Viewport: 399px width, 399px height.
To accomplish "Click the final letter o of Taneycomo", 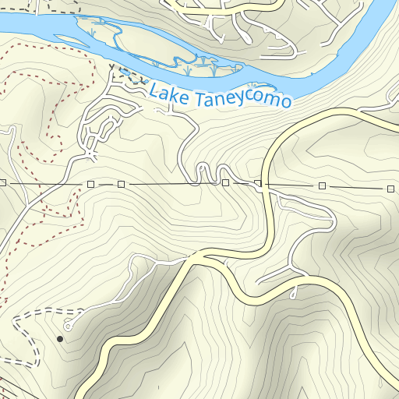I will pyautogui.click(x=286, y=103).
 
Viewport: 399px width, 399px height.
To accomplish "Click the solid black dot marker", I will pyautogui.click(x=60, y=339).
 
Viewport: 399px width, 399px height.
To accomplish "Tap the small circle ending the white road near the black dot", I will pyautogui.click(x=67, y=328).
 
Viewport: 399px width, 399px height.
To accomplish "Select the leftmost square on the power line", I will pyautogui.click(x=3, y=182).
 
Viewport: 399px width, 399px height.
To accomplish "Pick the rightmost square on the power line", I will pyautogui.click(x=390, y=189).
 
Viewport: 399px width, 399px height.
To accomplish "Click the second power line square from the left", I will pyautogui.click(x=90, y=184).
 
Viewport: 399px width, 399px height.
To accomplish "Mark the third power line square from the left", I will pyautogui.click(x=121, y=184).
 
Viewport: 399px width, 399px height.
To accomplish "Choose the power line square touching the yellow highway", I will pyautogui.click(x=258, y=184).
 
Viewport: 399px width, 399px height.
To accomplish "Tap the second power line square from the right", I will pyautogui.click(x=322, y=186).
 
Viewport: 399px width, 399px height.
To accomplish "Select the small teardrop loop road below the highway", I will pyautogui.click(x=294, y=293).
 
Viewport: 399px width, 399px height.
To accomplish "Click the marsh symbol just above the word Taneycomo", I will pyautogui.click(x=252, y=86).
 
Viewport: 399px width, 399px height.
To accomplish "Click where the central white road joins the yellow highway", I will pyautogui.click(x=190, y=255).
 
